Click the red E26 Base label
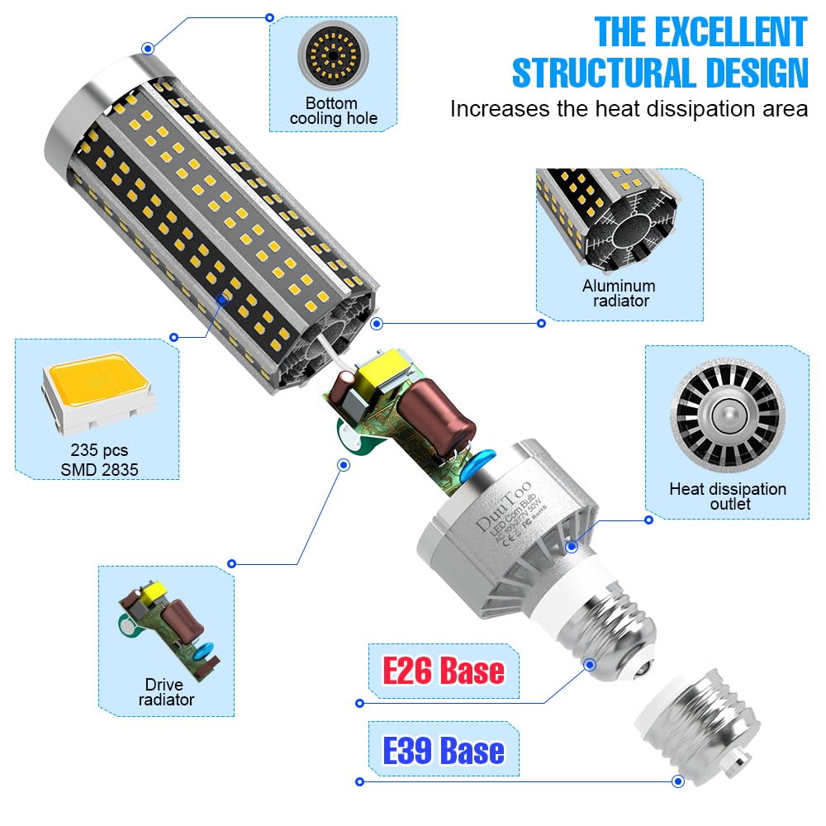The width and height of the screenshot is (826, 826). point(444,670)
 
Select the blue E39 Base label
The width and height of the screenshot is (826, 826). point(444,751)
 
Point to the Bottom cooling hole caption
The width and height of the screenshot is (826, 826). point(332,111)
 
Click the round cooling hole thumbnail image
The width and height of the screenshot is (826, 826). point(332,57)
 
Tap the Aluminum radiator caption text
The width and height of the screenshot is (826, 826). point(619,293)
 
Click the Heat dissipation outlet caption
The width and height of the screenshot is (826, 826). point(727,496)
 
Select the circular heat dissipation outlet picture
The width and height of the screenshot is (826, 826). point(727,413)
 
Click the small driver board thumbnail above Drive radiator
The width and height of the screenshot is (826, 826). point(165,627)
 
